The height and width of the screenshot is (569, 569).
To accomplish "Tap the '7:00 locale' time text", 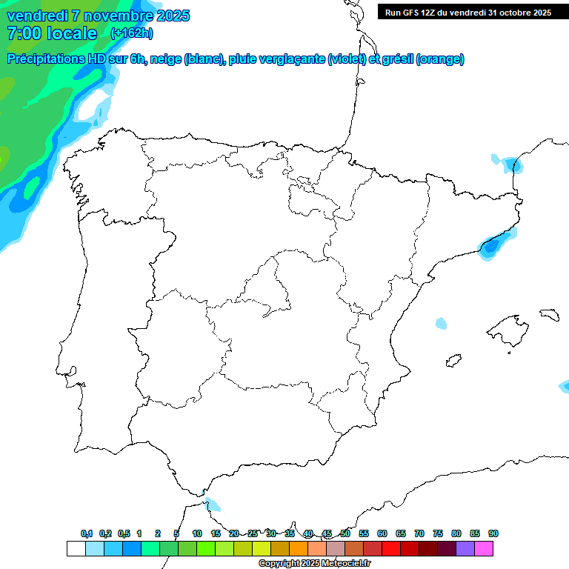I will coord(51,33).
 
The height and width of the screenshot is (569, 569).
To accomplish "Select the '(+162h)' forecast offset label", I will coord(131,33).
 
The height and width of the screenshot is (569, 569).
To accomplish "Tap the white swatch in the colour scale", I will coord(76,548).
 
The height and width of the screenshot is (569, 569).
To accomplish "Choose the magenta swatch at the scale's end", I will coord(485,548).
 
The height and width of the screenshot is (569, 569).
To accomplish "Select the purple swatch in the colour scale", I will coord(466,548).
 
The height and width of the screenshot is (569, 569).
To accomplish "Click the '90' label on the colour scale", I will coord(493,533).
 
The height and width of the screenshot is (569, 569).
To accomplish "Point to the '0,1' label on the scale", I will coord(87,533).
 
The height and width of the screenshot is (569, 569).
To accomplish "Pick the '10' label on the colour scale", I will coord(197,533).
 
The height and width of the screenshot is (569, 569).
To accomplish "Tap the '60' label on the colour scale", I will coord(382,533).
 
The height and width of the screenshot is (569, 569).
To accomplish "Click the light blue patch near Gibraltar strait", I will coord(213,505).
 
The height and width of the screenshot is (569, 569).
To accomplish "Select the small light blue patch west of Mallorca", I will coord(442,324).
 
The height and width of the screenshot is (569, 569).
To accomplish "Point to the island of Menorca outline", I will coord(549,314).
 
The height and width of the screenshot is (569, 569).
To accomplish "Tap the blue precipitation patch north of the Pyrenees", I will coord(511,164).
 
